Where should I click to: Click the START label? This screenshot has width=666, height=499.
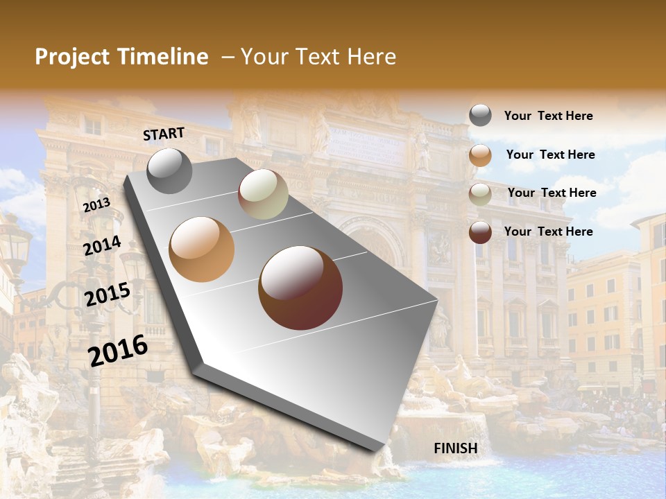pyautogui.click(x=164, y=134)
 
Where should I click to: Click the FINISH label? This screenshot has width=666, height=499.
pyautogui.click(x=456, y=448)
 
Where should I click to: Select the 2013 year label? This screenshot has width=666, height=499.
pyautogui.click(x=96, y=205)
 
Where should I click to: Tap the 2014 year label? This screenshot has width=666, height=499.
pyautogui.click(x=103, y=246)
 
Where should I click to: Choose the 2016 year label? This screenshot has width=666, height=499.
pyautogui.click(x=118, y=351)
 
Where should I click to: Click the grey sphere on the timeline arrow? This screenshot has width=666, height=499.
pyautogui.click(x=170, y=170)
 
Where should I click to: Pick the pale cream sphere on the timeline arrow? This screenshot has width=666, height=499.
pyautogui.click(x=263, y=194)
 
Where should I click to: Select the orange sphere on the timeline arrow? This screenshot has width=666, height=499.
pyautogui.click(x=202, y=249)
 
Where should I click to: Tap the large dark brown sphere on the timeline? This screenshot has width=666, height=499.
pyautogui.click(x=300, y=288)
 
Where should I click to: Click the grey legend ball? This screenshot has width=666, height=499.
pyautogui.click(x=480, y=116)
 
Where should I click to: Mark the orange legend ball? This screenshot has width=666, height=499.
pyautogui.click(x=480, y=155)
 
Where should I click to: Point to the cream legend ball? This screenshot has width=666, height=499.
pyautogui.click(x=480, y=194)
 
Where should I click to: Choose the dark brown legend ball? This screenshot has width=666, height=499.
pyautogui.click(x=480, y=232)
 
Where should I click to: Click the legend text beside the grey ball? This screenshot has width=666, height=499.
pyautogui.click(x=548, y=116)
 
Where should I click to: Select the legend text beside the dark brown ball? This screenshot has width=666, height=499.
pyautogui.click(x=548, y=231)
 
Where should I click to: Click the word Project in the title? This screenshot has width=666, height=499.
pyautogui.click(x=72, y=57)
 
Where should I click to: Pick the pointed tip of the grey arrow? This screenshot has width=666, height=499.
pyautogui.click(x=379, y=449)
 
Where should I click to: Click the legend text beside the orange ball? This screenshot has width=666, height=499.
pyautogui.click(x=550, y=155)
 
